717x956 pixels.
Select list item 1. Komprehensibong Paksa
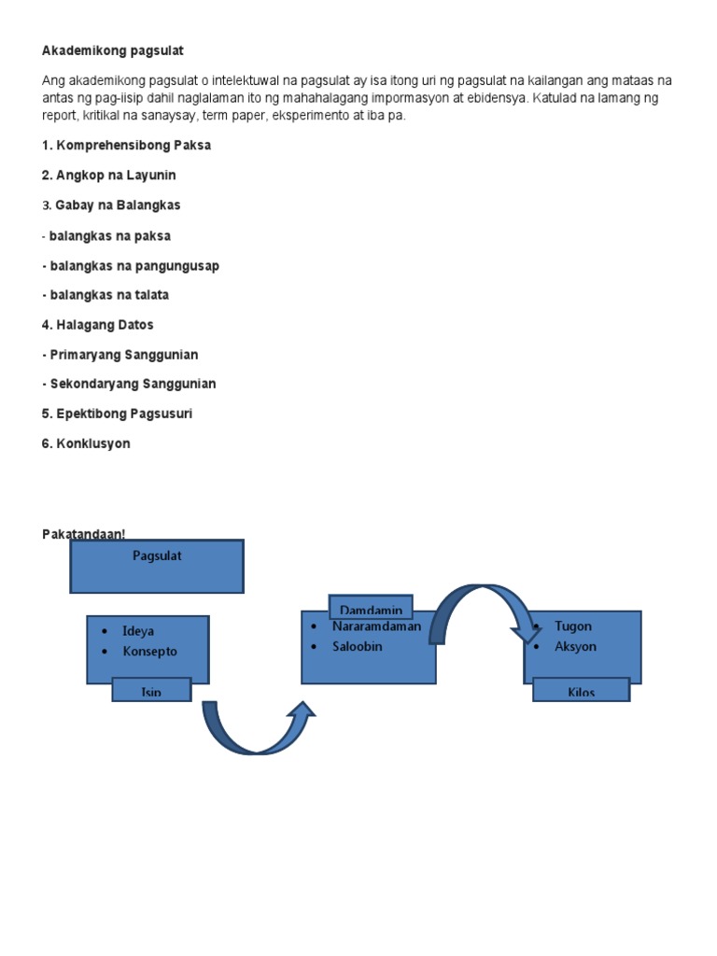coord(126,146)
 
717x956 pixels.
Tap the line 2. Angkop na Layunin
coord(108,176)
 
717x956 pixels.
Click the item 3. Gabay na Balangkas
coord(111,205)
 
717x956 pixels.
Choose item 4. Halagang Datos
coord(97,325)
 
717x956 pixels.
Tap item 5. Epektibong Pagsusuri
coord(117,414)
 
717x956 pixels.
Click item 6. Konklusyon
coord(86,443)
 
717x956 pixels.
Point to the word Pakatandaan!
coord(83,534)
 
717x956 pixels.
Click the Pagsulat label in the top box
coord(157,556)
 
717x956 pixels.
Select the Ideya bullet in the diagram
coord(138,631)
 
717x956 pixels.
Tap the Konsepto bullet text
coord(149,652)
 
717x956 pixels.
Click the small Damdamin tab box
coord(371,607)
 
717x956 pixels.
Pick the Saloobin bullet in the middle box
coord(357,646)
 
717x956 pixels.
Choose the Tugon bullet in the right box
coord(572,626)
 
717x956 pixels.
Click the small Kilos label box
coord(581,692)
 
